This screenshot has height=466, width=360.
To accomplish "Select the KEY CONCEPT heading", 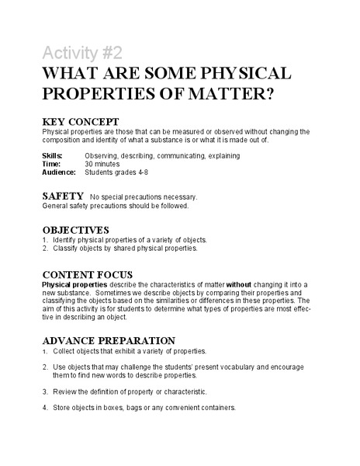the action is tap(80, 122).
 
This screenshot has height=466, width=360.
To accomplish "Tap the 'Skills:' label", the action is tap(52, 156).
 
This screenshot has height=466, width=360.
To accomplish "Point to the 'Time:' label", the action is tap(50, 164).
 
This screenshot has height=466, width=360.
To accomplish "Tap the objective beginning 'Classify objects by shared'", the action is tap(124, 249).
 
